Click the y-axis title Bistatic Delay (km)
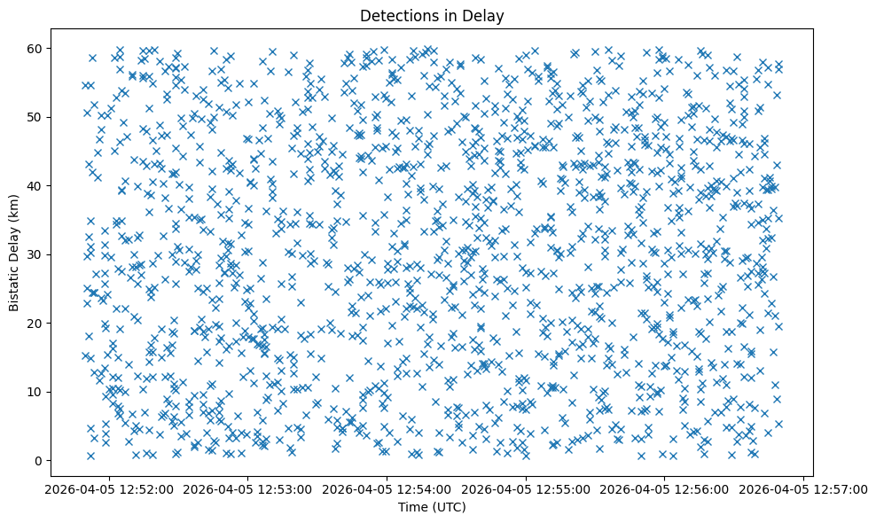tap(15, 253)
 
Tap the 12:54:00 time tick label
tap(387, 488)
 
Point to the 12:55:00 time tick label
tap(525, 488)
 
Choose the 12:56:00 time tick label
tap(664, 488)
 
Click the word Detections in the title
tap(395, 15)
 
